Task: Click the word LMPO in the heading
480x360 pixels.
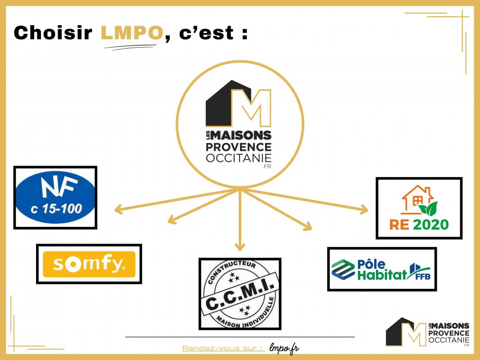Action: click(x=131, y=33)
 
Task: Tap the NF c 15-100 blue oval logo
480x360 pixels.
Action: click(x=55, y=198)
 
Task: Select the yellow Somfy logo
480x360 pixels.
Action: click(x=89, y=264)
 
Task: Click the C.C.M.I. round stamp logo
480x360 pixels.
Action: click(x=240, y=293)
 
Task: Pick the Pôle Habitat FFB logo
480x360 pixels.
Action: click(x=381, y=269)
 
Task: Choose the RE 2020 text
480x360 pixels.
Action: click(x=419, y=224)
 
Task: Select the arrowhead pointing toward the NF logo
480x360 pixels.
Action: click(x=119, y=209)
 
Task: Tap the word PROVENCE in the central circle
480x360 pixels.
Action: click(x=239, y=147)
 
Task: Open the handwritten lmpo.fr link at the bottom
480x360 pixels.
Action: click(x=284, y=348)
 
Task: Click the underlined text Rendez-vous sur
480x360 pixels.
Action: click(x=222, y=348)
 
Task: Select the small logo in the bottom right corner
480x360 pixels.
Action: click(x=427, y=332)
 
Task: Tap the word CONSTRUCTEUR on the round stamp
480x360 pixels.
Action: click(x=231, y=272)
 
